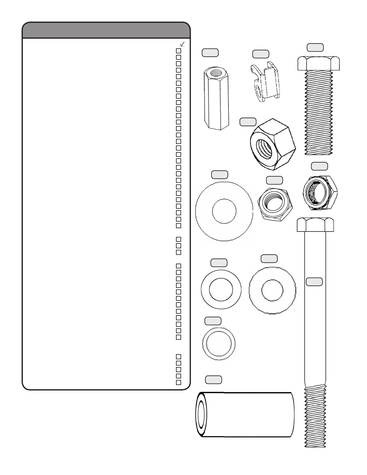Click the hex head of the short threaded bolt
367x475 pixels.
point(318,63)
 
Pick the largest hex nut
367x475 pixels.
point(273,144)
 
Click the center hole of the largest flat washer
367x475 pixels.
point(224,211)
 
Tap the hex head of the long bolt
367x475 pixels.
point(315,225)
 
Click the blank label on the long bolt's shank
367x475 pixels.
point(314,282)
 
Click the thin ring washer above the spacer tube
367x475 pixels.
point(219,344)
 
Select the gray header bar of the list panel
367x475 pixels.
point(106,30)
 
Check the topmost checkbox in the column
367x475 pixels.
point(179,51)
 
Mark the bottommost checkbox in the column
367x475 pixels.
point(179,382)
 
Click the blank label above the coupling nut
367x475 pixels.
point(210,53)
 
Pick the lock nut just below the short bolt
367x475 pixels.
point(320,191)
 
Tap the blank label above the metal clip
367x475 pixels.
point(261,54)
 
